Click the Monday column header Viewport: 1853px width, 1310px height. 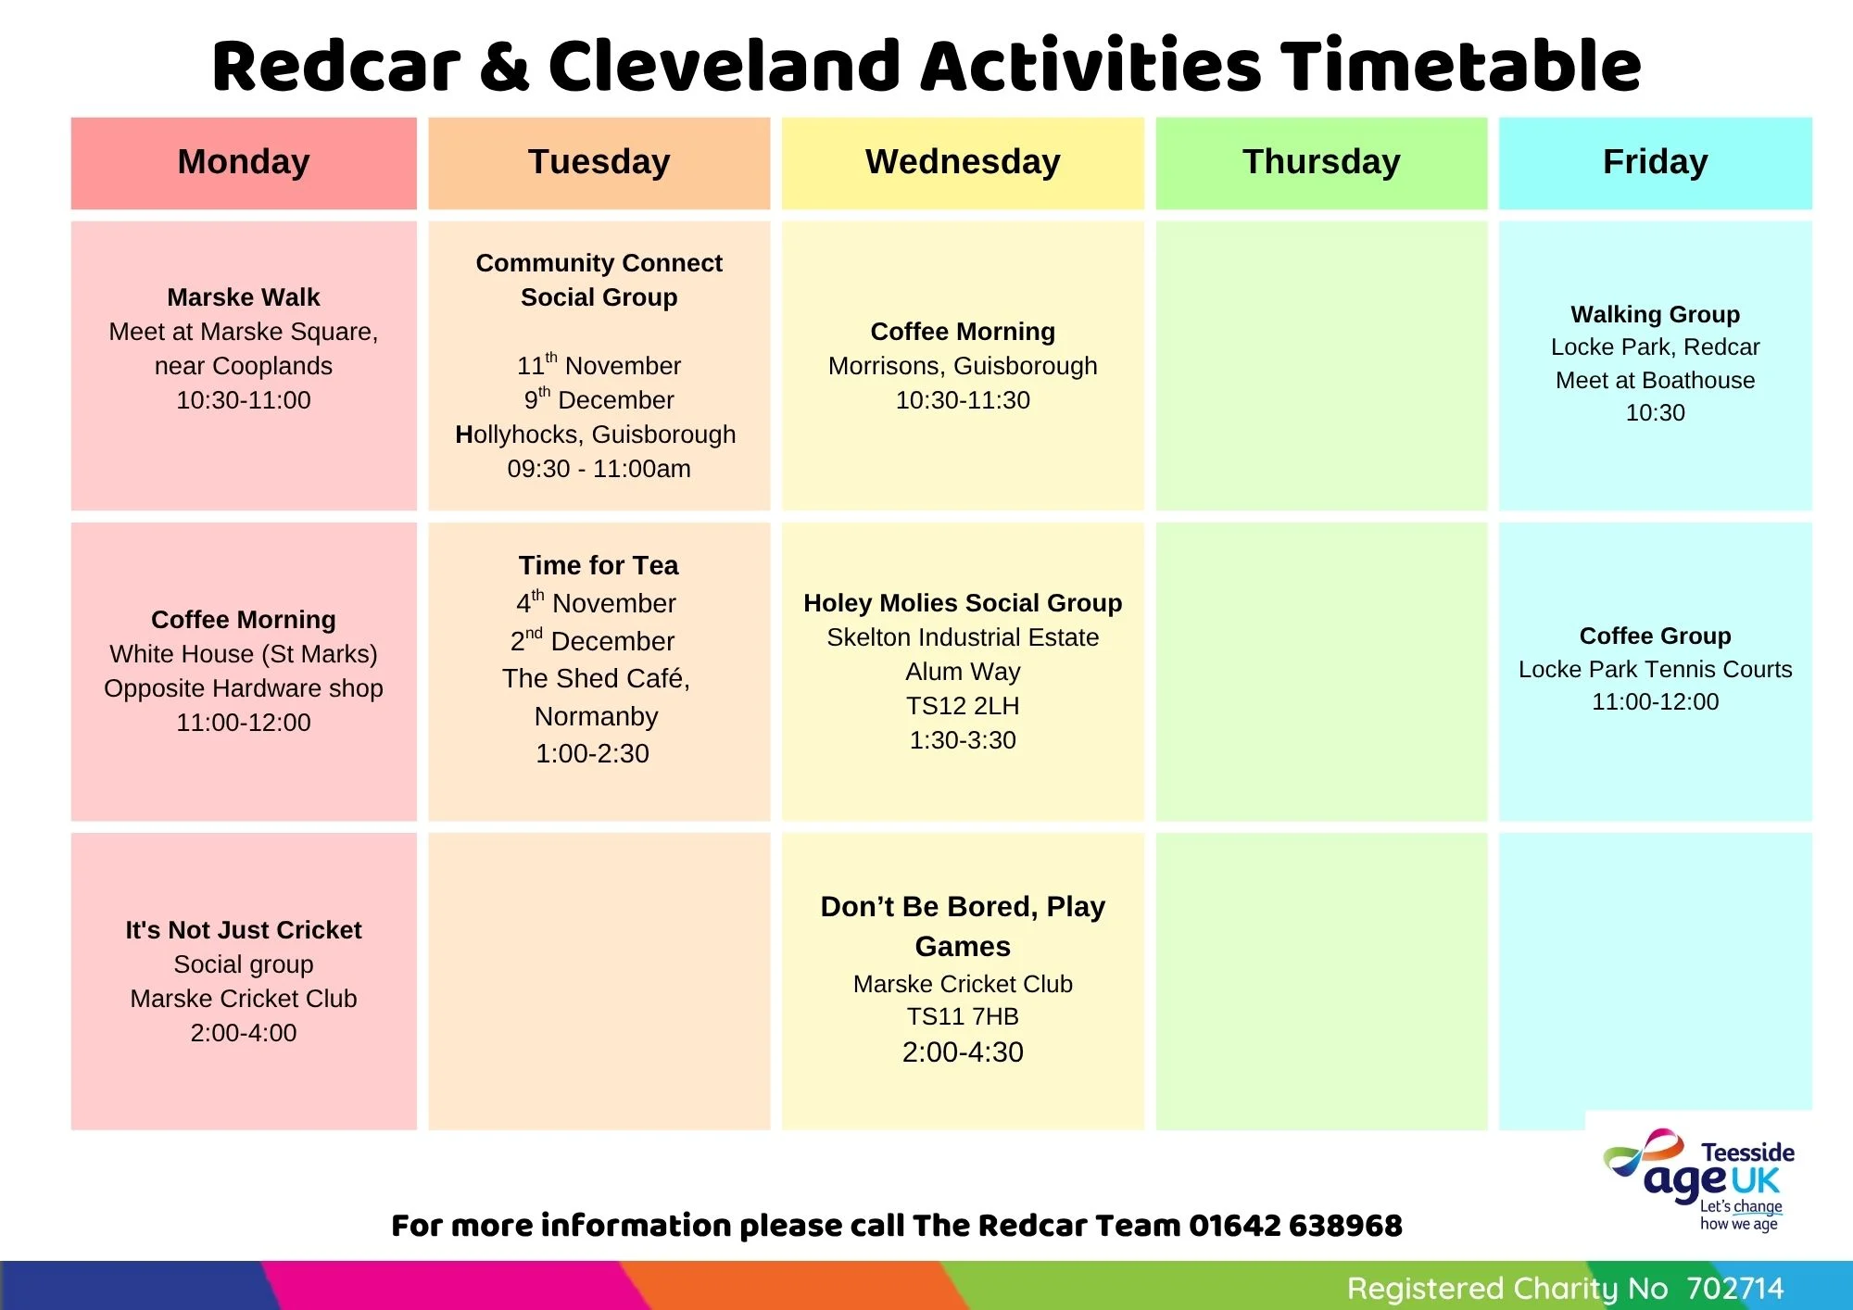(244, 162)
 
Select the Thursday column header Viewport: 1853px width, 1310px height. (1321, 162)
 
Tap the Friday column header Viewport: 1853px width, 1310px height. (1656, 162)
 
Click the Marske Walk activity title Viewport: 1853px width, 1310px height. (244, 297)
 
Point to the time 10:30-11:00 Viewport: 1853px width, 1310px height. (244, 400)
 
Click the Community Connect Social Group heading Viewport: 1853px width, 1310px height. (599, 280)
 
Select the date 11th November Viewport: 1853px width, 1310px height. (599, 364)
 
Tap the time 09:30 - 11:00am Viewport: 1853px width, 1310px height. (599, 469)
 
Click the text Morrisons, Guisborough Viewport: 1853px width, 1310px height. (963, 366)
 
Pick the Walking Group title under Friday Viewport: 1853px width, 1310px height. (1656, 314)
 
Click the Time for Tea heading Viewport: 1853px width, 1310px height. (599, 565)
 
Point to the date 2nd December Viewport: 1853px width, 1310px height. (593, 640)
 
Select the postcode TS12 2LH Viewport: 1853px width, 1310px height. (963, 706)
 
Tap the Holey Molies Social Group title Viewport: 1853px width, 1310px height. (963, 603)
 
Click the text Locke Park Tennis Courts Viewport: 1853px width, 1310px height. (1656, 669)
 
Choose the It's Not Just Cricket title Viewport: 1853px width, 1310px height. (244, 930)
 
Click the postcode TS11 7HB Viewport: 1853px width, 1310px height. (963, 1016)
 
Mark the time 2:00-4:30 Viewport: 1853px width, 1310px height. (963, 1052)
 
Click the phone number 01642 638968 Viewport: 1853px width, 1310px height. (1295, 1226)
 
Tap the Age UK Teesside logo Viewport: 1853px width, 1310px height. (1698, 1179)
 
